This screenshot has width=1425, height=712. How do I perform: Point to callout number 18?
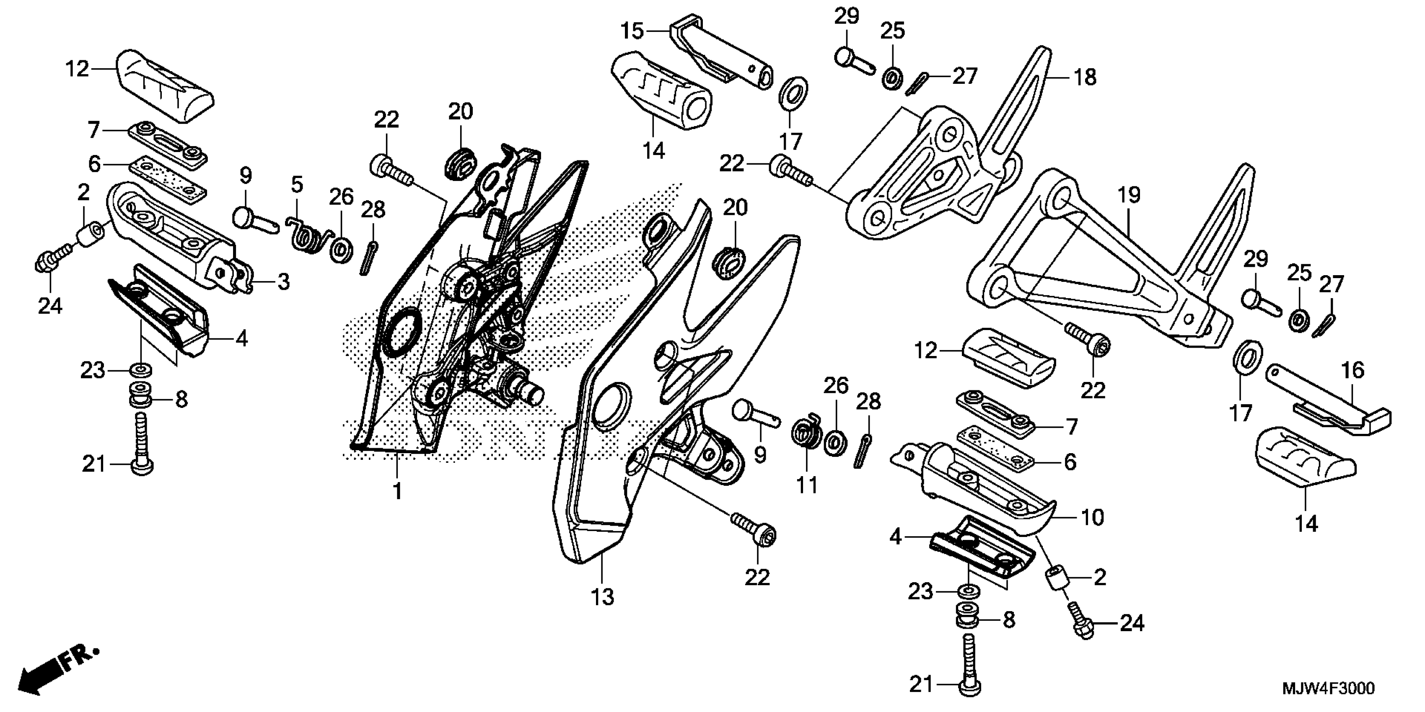click(x=1085, y=77)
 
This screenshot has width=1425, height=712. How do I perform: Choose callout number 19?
click(x=1129, y=195)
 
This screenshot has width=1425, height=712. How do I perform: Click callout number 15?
click(x=632, y=31)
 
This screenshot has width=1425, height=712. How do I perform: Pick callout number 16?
click(x=1353, y=370)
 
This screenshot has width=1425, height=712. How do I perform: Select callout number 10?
click(x=1092, y=517)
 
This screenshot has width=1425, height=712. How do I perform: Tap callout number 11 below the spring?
click(x=806, y=485)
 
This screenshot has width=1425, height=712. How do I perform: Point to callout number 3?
click(x=283, y=282)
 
